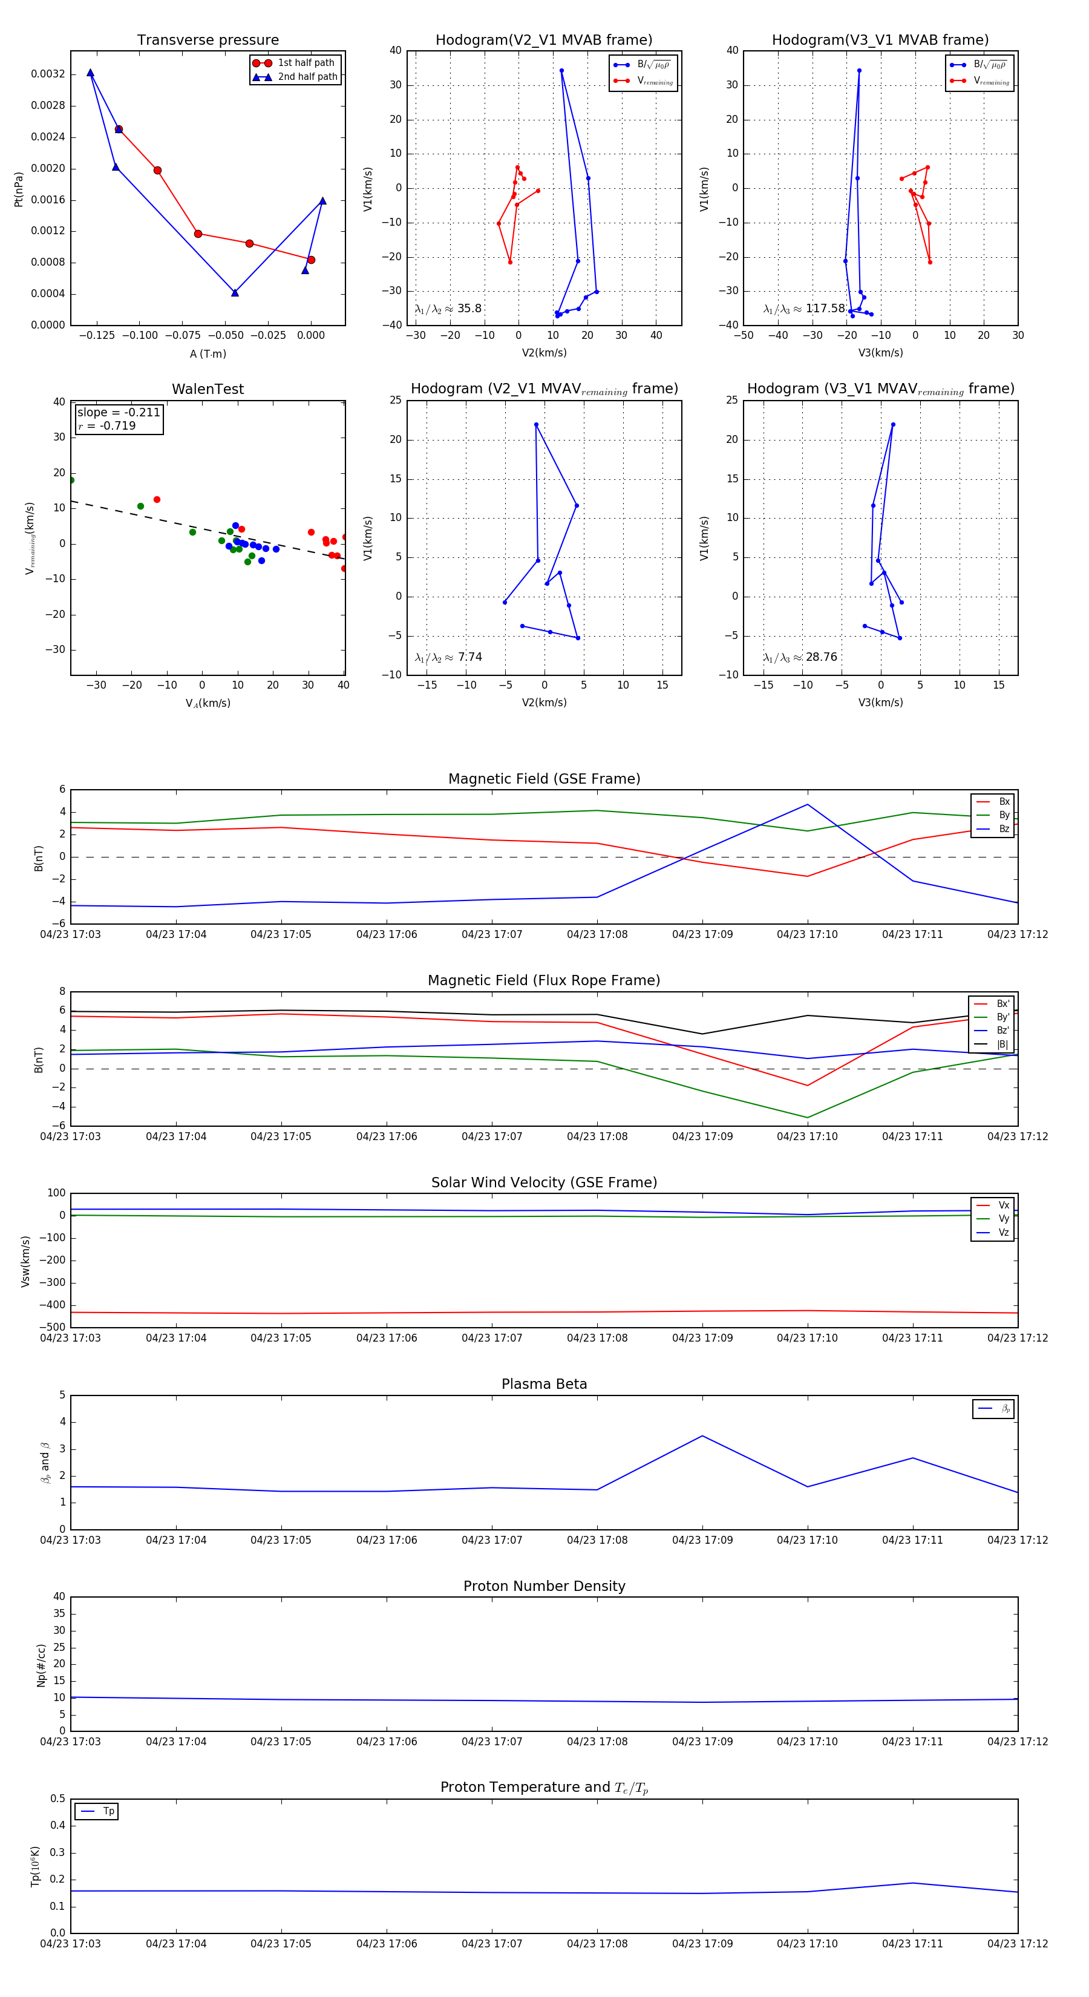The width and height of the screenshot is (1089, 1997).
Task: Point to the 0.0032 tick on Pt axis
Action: click(x=48, y=74)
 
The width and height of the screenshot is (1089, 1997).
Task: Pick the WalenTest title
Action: click(x=208, y=389)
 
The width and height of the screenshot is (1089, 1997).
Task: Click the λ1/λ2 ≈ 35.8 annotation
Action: click(x=448, y=309)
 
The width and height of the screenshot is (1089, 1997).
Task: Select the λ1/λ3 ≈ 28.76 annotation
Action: click(x=800, y=657)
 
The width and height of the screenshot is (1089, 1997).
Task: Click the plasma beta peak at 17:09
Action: click(x=702, y=1436)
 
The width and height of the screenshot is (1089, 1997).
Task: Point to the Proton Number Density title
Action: click(x=544, y=1586)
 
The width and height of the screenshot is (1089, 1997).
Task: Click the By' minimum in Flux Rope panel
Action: click(x=808, y=1117)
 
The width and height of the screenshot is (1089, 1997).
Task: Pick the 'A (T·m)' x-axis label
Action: click(x=208, y=353)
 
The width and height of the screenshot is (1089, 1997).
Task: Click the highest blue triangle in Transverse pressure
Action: click(x=91, y=73)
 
